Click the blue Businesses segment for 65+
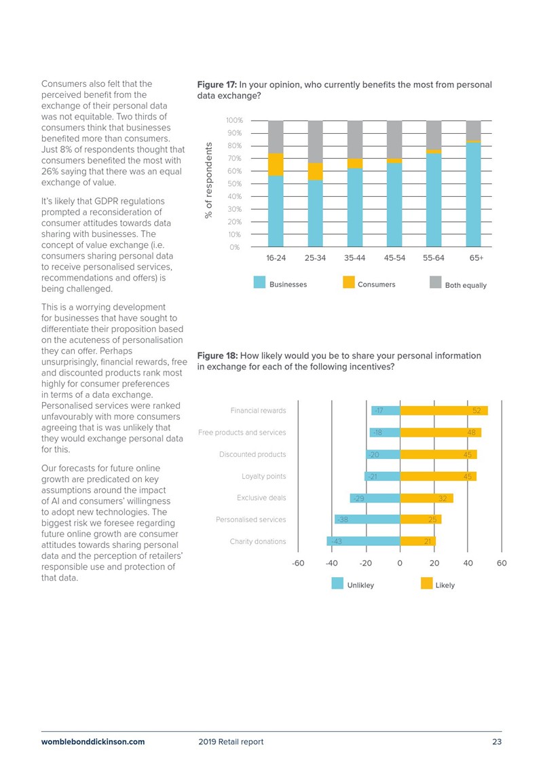coord(474,194)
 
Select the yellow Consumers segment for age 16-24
coord(276,164)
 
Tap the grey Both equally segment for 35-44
coord(355,140)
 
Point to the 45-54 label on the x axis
coord(394,258)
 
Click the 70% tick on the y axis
coord(235,159)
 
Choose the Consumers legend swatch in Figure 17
coord(349,282)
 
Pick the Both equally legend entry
coord(458,284)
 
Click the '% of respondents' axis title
coord(209,180)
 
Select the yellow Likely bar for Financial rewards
coord(444,410)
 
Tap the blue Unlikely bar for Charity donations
coord(363,541)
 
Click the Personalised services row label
coord(250,519)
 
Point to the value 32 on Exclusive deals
coord(443,498)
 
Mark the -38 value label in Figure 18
coord(342,519)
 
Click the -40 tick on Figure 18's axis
coord(331,563)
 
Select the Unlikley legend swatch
coord(337,583)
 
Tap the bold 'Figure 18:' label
coord(217,356)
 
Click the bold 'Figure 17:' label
coord(217,85)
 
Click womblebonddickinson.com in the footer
coord(93,742)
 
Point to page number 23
coord(497,742)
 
